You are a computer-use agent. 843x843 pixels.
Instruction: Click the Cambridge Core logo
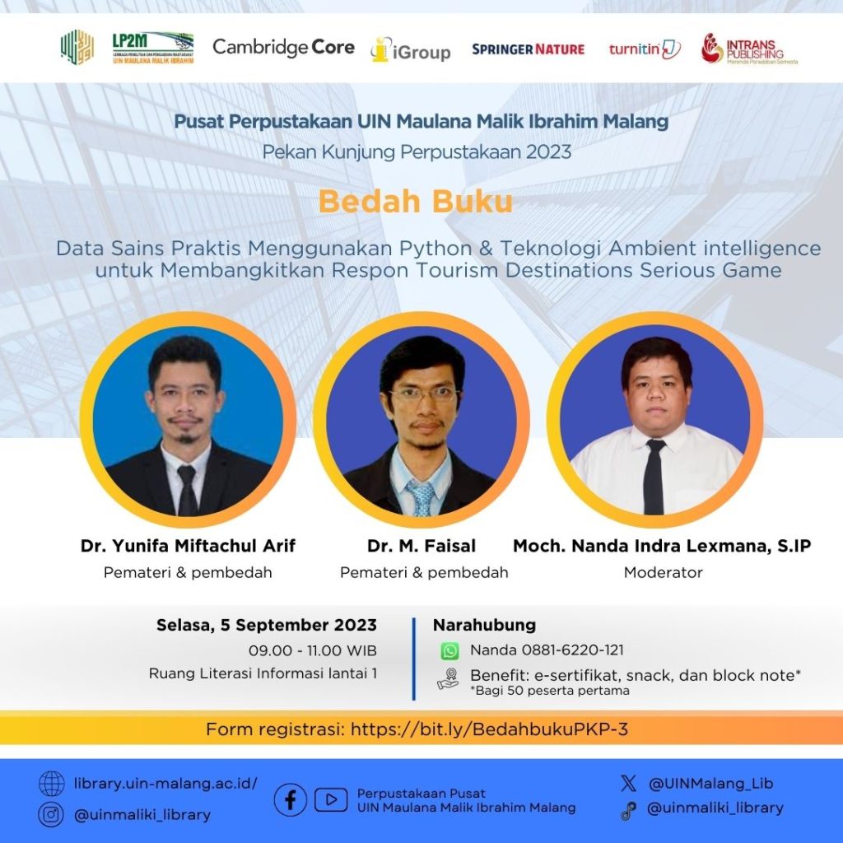pos(283,47)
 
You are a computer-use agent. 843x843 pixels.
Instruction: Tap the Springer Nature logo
pos(528,49)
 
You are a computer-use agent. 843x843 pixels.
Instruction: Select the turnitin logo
pos(645,49)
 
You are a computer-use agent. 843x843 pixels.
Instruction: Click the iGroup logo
pos(411,50)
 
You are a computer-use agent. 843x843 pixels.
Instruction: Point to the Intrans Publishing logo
pos(749,49)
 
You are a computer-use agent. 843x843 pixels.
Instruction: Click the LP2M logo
pos(153,48)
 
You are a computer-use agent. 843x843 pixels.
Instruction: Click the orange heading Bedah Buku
pos(416,202)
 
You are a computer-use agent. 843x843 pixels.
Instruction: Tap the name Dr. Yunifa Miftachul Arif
pos(189,546)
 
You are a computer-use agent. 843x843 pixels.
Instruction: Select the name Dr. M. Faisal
pos(421,546)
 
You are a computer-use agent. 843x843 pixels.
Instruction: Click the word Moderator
pos(663,573)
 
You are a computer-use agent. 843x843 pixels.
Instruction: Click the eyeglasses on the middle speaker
pos(424,394)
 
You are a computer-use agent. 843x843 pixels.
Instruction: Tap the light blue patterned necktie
pos(422,498)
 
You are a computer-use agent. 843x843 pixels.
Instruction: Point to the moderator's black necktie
pos(654,477)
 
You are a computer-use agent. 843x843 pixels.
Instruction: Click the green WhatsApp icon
pos(450,651)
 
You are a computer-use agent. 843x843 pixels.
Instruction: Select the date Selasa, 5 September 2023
pos(267,625)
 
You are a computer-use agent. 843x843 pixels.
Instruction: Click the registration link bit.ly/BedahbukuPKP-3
pos(489,729)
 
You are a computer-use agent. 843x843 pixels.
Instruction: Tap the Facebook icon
pos(291,800)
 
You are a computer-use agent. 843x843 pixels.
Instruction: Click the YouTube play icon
pos(331,800)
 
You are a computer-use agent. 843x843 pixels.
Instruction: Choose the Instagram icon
pos(51,814)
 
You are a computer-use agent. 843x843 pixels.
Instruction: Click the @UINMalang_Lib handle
pos(710,784)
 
